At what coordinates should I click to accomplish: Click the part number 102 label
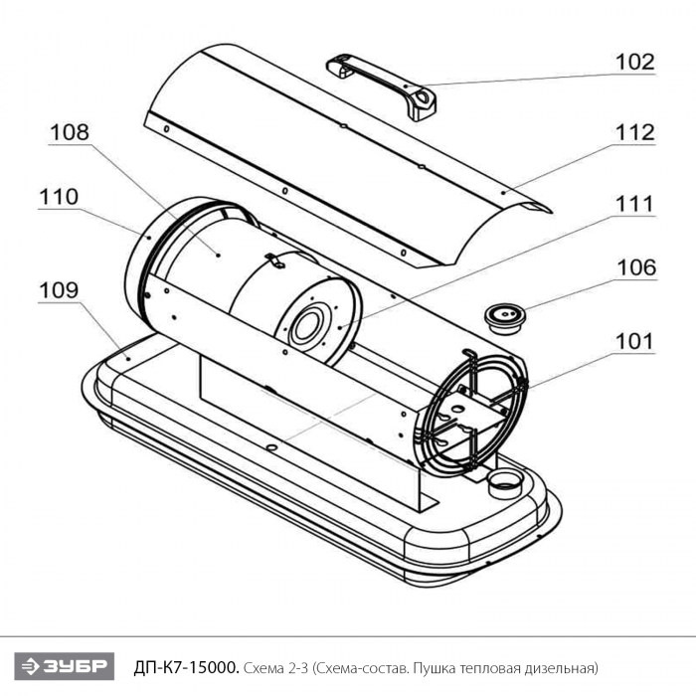(634, 61)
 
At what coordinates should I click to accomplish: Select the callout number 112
(634, 132)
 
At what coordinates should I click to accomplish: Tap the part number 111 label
(634, 204)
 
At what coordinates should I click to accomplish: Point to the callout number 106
(634, 267)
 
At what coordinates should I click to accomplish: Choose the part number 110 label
(59, 197)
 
